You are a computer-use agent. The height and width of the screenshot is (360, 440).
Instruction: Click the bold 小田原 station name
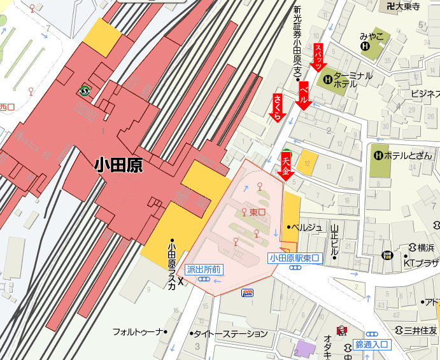(118, 165)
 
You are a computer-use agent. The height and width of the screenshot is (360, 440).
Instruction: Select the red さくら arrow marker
(278, 107)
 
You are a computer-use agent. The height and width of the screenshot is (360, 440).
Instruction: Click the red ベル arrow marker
(304, 96)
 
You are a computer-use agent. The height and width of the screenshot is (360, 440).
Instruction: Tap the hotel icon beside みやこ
(365, 46)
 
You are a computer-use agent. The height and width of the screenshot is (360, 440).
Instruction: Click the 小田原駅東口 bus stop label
(294, 258)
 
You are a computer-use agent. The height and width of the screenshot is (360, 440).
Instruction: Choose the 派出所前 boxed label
(204, 270)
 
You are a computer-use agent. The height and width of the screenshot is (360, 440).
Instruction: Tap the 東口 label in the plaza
(257, 212)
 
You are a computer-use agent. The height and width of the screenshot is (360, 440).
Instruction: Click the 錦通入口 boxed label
(372, 344)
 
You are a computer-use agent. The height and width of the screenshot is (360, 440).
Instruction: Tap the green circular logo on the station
(83, 90)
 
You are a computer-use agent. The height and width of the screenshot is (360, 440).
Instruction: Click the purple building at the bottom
(306, 349)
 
